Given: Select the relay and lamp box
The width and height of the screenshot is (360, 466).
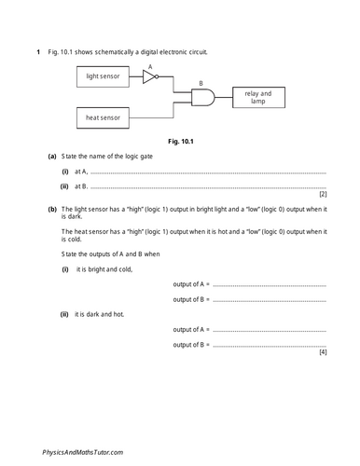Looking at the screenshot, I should tap(257, 97).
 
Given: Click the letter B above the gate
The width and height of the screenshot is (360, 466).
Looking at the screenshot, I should tap(197, 84).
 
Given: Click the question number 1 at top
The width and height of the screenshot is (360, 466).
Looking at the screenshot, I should tap(38, 49).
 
